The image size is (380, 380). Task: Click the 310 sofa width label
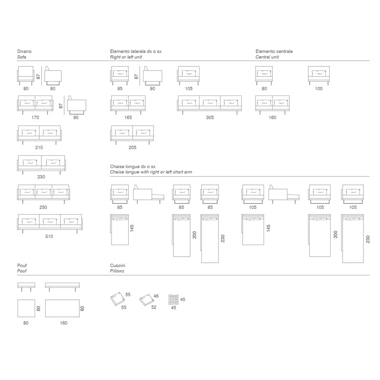(49, 236)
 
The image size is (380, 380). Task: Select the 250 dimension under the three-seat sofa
(43, 207)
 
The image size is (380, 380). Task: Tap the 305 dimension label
(210, 117)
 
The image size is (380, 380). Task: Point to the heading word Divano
(24, 51)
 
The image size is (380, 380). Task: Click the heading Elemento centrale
(274, 51)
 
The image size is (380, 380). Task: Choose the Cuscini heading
(117, 266)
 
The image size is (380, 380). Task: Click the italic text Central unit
(267, 57)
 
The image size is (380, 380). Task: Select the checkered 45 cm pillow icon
(173, 299)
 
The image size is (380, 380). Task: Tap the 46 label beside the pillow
(156, 296)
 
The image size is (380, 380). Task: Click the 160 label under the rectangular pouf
(64, 323)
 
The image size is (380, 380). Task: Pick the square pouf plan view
(26, 308)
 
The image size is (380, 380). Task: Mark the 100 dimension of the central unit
(319, 89)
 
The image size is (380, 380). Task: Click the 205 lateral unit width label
(133, 147)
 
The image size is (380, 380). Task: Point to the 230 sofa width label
(41, 177)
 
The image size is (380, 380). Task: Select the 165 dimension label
(128, 117)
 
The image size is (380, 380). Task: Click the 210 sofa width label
(39, 147)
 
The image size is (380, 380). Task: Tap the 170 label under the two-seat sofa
(35, 117)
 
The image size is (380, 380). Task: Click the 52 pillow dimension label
(153, 307)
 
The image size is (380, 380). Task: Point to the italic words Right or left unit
(126, 57)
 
